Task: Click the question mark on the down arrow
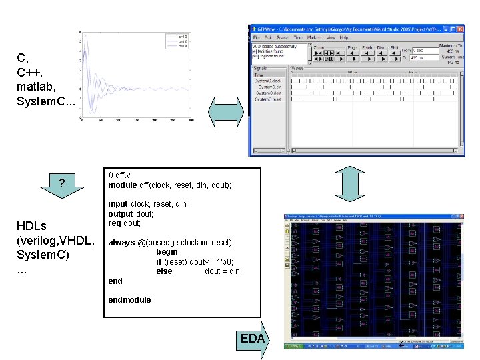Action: coord(61,183)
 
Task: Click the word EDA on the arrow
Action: coord(252,339)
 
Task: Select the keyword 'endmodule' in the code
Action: coord(129,299)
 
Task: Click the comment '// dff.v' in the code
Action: coord(120,175)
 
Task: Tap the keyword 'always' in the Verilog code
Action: coord(121,243)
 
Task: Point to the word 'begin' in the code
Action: coord(167,252)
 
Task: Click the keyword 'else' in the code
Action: coord(164,271)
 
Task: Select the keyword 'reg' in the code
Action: coord(114,223)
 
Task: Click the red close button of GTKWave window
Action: coord(461,29)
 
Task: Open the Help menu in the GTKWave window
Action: coord(344,38)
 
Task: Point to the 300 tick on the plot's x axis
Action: coord(191,120)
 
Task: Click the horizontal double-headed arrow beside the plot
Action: coord(227,110)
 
